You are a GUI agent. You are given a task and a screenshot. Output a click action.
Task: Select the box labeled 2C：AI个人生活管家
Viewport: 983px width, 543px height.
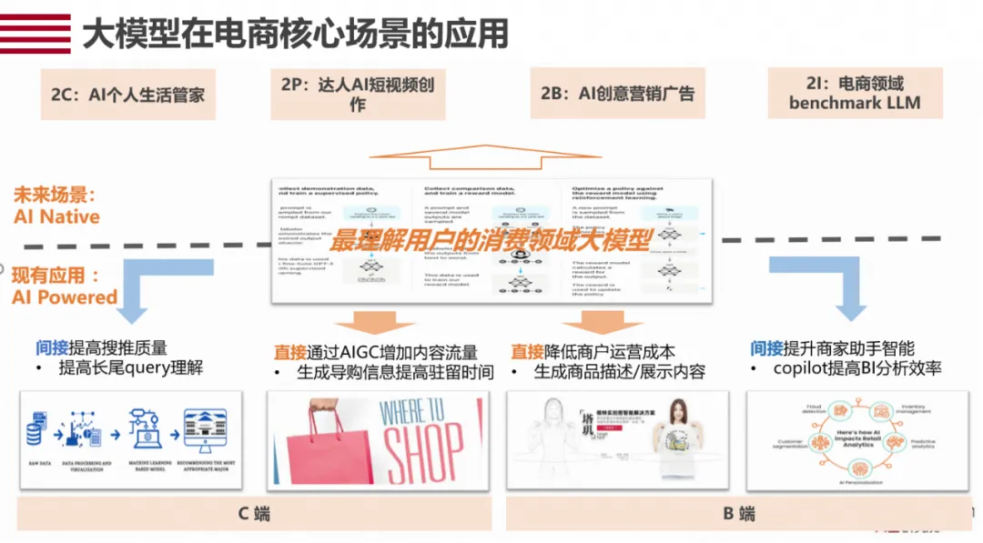point(127,94)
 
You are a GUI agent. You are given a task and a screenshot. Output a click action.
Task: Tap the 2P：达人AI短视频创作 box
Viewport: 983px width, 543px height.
point(358,95)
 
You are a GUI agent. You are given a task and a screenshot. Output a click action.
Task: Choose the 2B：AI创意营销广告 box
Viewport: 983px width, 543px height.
point(617,93)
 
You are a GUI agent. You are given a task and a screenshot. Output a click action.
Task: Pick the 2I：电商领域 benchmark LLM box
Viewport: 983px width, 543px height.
point(855,93)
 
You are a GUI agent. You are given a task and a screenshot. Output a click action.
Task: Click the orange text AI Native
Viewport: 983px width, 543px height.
point(56,216)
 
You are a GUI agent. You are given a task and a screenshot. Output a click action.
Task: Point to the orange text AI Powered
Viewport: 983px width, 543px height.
point(65,297)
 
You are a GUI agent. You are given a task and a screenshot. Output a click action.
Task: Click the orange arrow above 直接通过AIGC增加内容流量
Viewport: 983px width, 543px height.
point(363,322)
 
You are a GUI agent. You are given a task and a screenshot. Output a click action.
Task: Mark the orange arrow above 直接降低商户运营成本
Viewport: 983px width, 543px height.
point(590,322)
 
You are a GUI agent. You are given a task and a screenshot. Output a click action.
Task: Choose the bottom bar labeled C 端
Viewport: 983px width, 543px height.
point(254,513)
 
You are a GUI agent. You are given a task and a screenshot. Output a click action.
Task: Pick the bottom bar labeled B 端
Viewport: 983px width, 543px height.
point(739,513)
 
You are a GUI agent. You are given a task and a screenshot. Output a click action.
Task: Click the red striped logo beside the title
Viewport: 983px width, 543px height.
point(35,34)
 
